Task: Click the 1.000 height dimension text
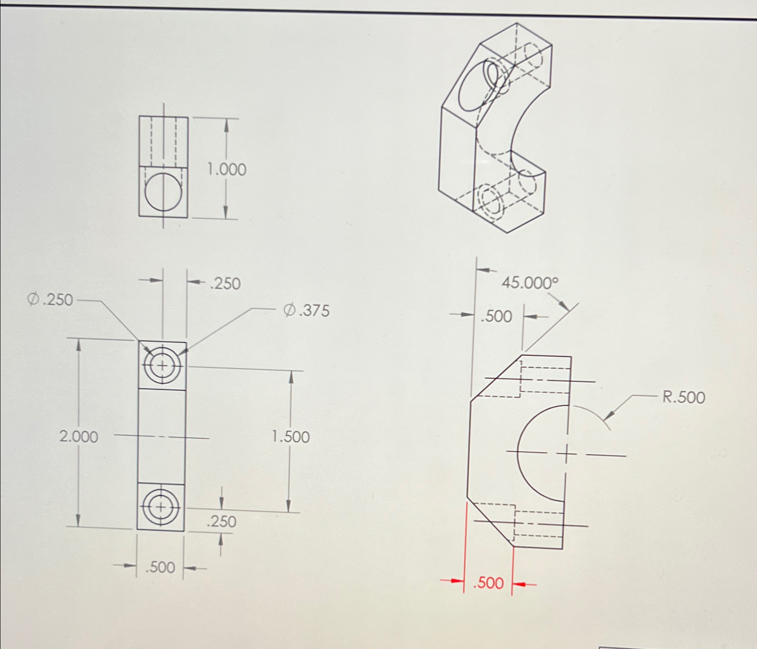[227, 170]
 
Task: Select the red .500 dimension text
[488, 583]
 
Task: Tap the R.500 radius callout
[683, 397]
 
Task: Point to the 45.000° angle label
[530, 283]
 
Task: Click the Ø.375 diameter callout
[307, 310]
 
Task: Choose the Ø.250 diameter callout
[50, 300]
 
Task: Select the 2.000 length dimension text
[79, 437]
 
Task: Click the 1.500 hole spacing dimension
[291, 437]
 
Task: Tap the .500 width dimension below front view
[160, 567]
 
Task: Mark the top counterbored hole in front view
[163, 366]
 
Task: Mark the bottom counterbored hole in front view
[161, 507]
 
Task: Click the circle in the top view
[164, 192]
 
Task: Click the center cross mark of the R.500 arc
[566, 455]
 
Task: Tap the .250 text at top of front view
[225, 284]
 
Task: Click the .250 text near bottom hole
[221, 522]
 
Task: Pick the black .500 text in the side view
[496, 316]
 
